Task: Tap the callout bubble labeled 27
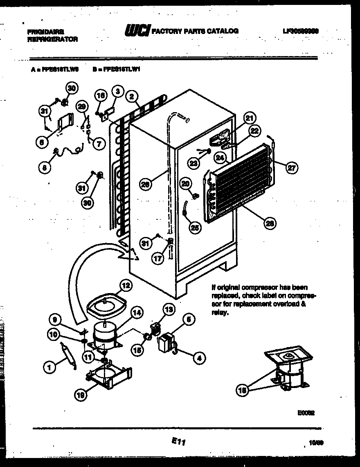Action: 292,167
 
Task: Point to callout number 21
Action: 249,118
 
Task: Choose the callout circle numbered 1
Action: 49,368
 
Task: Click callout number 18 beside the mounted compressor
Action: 243,390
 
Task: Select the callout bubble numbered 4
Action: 199,359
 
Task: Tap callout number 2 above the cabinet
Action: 131,97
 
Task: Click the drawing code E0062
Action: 306,413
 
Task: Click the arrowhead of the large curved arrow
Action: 130,257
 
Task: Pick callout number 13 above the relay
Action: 169,309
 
